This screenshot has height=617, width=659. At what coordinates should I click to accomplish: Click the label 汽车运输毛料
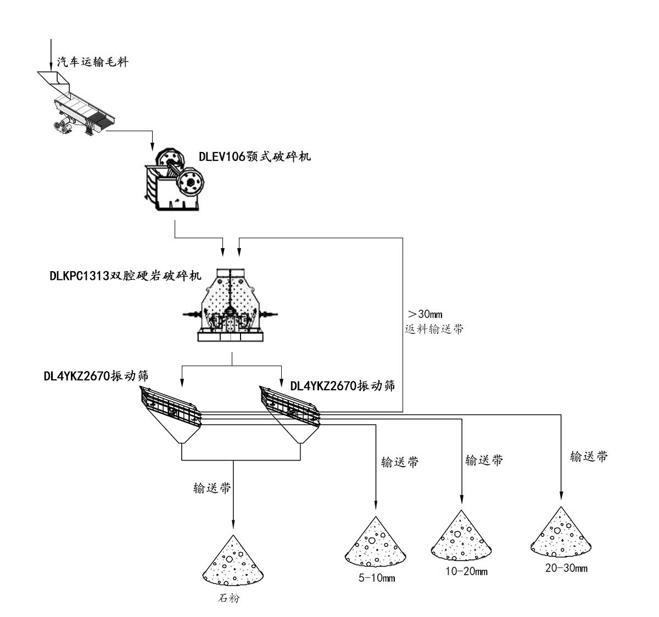click(x=93, y=62)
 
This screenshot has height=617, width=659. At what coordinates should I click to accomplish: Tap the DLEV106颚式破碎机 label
click(x=254, y=156)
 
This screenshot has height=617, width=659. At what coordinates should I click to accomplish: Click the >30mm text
click(x=425, y=314)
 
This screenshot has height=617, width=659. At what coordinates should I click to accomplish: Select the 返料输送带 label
click(x=433, y=329)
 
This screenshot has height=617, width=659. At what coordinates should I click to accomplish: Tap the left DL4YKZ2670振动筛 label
click(x=98, y=376)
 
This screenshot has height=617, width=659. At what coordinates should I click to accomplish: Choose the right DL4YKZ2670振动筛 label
click(x=342, y=386)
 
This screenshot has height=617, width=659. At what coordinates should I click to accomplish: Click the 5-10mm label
click(x=377, y=578)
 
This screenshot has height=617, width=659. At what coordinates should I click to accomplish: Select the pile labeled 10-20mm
click(x=460, y=536)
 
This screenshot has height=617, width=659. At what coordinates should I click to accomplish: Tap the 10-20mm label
click(x=466, y=571)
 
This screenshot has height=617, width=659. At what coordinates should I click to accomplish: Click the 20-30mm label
click(x=566, y=568)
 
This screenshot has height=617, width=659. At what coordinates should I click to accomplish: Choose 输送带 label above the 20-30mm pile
click(x=589, y=456)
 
